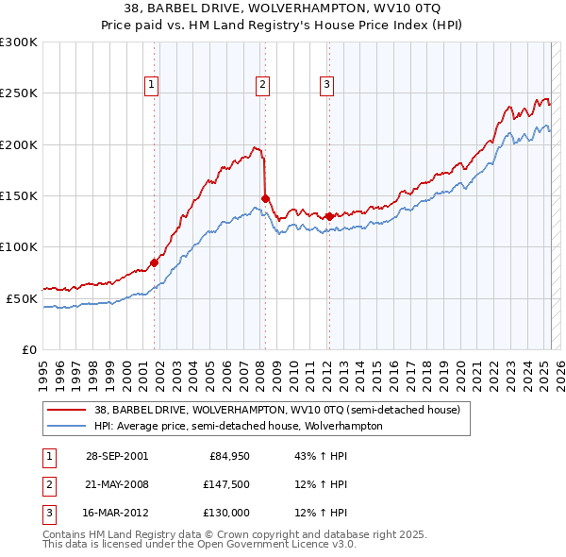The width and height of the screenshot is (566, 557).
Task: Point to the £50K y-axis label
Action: (21, 298)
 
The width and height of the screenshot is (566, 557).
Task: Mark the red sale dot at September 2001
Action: (155, 262)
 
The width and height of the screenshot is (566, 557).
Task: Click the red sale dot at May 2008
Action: (265, 198)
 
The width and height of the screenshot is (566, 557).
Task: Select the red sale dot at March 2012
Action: (329, 216)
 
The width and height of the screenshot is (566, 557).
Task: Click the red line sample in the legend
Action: (66, 411)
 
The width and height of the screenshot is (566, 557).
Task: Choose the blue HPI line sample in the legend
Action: (66, 426)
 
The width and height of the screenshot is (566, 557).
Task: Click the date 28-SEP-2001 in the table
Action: (117, 456)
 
